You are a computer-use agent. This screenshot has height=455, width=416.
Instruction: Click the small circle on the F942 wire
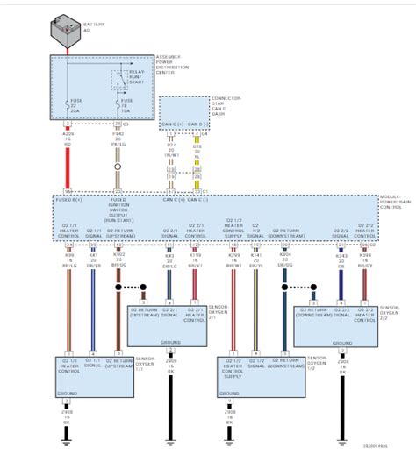[x=118, y=162]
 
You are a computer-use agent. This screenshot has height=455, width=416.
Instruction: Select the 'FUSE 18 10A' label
[x=126, y=110]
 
